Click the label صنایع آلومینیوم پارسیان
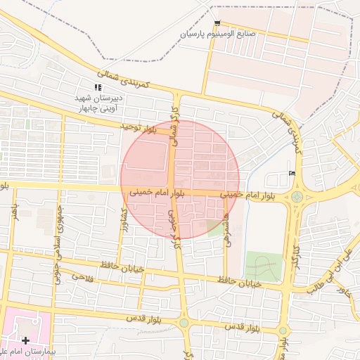(x=219, y=34)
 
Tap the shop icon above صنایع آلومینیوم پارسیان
(x=217, y=23)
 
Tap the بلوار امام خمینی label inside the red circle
(x=156, y=191)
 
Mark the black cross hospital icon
(x=26, y=340)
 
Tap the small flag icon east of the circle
(x=292, y=174)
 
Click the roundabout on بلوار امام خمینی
(x=299, y=198)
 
